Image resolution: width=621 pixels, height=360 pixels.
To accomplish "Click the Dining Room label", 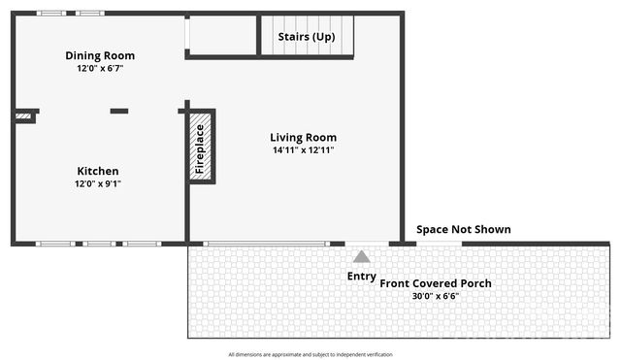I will pos(100,55).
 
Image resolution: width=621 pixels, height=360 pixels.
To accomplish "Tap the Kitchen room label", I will pos(98,171).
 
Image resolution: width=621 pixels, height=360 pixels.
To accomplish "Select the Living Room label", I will pos(305,137).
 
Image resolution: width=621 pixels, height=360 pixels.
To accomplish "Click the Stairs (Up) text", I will pos(307,37).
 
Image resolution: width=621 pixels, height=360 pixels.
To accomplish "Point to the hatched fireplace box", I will pos(201,147).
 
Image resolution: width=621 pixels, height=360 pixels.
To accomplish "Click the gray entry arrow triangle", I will pos(361,257).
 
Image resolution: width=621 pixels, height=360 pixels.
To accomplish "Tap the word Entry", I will pos(361,276).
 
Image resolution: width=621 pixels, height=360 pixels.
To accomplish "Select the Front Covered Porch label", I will pos(435,283).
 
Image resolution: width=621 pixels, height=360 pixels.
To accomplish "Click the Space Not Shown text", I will pos(464,230).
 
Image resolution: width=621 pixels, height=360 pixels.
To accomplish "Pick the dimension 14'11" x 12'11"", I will pos(305,150).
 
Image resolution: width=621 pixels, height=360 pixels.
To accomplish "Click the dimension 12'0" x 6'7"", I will pos(100,69).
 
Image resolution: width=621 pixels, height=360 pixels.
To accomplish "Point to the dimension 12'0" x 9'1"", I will pos(98,183).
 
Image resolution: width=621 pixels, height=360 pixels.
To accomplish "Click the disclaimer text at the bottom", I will pos(310,354).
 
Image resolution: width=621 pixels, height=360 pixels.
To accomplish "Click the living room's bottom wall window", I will pos(266,244).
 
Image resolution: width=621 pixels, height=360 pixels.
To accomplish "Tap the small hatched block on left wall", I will pos(24,117).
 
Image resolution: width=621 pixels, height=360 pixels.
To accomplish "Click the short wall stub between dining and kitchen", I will pos(119,112).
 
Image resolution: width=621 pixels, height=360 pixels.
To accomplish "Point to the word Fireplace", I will pos(200,148).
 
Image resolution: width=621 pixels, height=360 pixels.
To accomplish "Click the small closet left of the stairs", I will pos(221,35).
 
